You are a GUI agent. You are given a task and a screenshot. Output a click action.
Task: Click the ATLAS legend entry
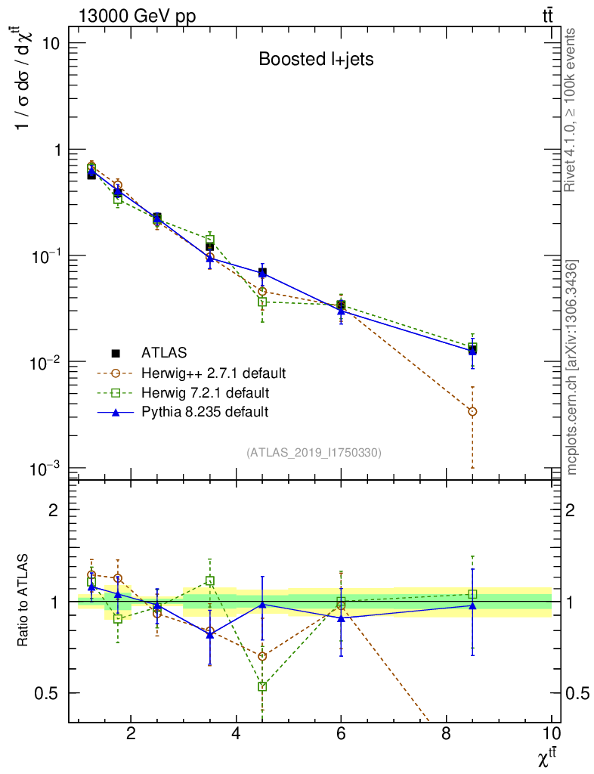point(162,352)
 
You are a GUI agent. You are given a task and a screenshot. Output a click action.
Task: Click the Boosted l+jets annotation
point(316,59)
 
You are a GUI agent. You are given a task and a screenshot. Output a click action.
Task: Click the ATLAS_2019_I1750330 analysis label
point(314,452)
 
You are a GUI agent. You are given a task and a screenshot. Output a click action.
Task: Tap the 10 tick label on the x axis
point(552,734)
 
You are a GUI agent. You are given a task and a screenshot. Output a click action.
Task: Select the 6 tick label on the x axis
point(341,734)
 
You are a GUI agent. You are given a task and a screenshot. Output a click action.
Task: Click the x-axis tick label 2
point(131,734)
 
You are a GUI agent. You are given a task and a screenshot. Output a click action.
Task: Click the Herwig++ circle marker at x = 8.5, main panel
point(472,411)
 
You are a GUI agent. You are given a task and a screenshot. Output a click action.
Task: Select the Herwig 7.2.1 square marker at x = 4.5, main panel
point(262,302)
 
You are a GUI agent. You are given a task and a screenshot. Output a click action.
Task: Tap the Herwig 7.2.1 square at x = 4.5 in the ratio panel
point(262,686)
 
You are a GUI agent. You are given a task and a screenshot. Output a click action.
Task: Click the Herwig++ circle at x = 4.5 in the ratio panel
point(262,656)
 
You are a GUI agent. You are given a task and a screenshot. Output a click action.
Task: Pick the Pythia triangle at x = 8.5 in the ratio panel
point(472,605)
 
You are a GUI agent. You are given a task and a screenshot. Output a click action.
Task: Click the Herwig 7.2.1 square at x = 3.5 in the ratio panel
point(209,581)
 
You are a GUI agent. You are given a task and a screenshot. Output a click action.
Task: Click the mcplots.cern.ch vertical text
point(572,367)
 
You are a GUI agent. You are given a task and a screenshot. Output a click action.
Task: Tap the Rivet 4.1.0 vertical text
point(571,110)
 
